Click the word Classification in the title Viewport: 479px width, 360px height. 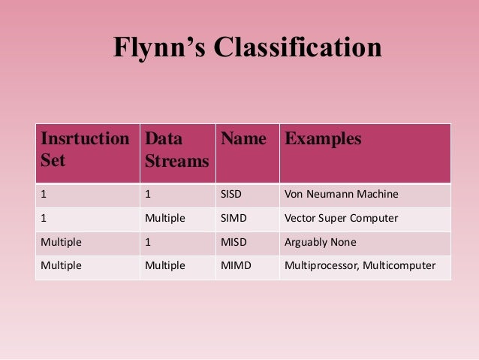pos(298,47)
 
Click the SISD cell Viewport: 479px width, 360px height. pos(232,195)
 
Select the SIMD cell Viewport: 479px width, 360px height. pos(233,219)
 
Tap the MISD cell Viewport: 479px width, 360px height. pos(233,243)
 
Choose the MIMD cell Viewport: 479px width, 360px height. pos(235,267)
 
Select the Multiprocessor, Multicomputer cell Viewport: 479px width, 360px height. pos(359,267)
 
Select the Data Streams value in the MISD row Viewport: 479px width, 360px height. pos(148,243)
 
